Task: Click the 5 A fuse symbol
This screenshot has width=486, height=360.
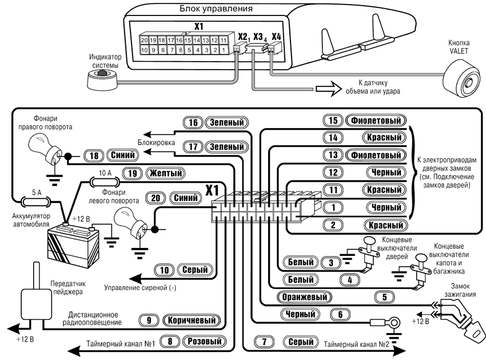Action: tap(30, 201)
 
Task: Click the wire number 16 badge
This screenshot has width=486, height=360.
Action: tap(193, 122)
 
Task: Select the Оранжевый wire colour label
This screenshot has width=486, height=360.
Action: tap(305, 297)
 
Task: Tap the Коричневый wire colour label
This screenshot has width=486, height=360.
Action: tap(192, 321)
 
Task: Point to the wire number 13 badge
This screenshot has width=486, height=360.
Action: tap(333, 155)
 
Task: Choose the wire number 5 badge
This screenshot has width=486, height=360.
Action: tap(384, 297)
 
